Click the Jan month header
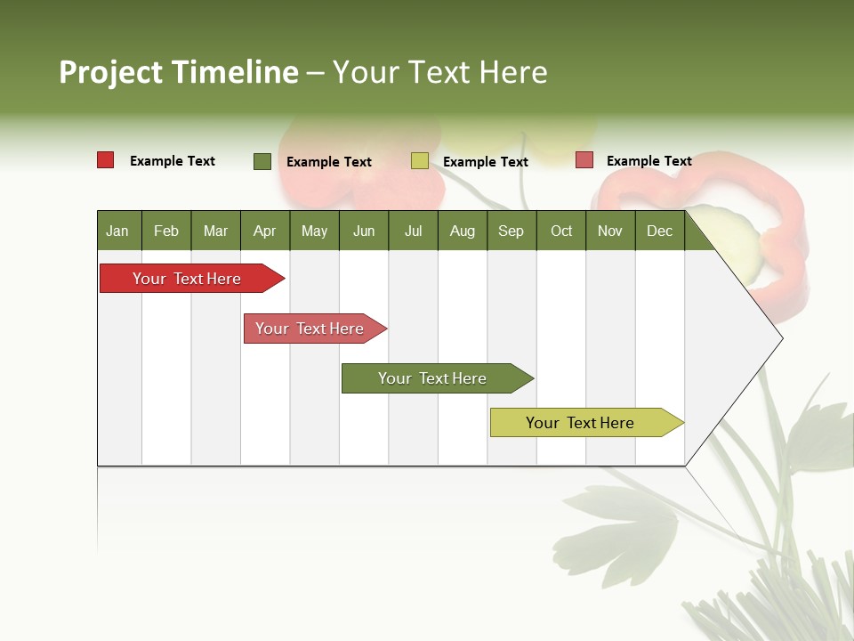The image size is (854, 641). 117,231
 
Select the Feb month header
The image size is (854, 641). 166,231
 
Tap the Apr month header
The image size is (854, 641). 264,231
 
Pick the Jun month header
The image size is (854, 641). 364,231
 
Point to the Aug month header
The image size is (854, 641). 462,231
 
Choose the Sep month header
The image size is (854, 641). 511,231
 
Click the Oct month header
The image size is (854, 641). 561,231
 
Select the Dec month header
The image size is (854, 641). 659,231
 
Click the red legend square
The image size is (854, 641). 106,160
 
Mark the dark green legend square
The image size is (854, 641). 262,161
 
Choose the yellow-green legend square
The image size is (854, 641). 420,161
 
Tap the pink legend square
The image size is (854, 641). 584,160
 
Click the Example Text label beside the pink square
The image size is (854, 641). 649,161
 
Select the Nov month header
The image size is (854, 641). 610,231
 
